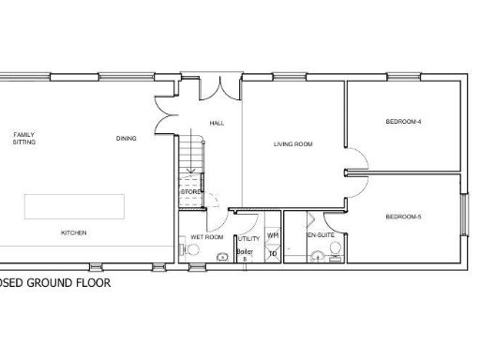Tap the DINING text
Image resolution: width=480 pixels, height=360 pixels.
tap(127, 139)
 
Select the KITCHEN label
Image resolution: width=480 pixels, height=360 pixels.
tap(74, 232)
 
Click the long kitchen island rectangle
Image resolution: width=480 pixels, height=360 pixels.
tap(74, 205)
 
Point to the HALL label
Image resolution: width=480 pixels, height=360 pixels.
tap(217, 123)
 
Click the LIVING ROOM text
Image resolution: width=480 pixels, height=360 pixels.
tap(292, 144)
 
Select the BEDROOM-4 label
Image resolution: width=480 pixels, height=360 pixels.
tap(403, 123)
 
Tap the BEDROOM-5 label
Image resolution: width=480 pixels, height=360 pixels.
tap(403, 217)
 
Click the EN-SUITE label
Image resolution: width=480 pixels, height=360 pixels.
tap(321, 237)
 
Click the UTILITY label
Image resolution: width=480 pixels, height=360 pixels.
tap(248, 239)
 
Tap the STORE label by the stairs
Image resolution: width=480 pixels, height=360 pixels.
tap(190, 193)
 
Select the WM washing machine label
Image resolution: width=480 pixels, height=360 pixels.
tap(273, 236)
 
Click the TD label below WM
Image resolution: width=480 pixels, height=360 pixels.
tap(273, 253)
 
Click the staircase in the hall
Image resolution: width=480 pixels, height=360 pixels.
tap(190, 155)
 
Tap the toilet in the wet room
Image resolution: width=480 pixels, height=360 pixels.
tap(222, 256)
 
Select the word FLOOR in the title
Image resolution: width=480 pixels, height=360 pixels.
tap(93, 281)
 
